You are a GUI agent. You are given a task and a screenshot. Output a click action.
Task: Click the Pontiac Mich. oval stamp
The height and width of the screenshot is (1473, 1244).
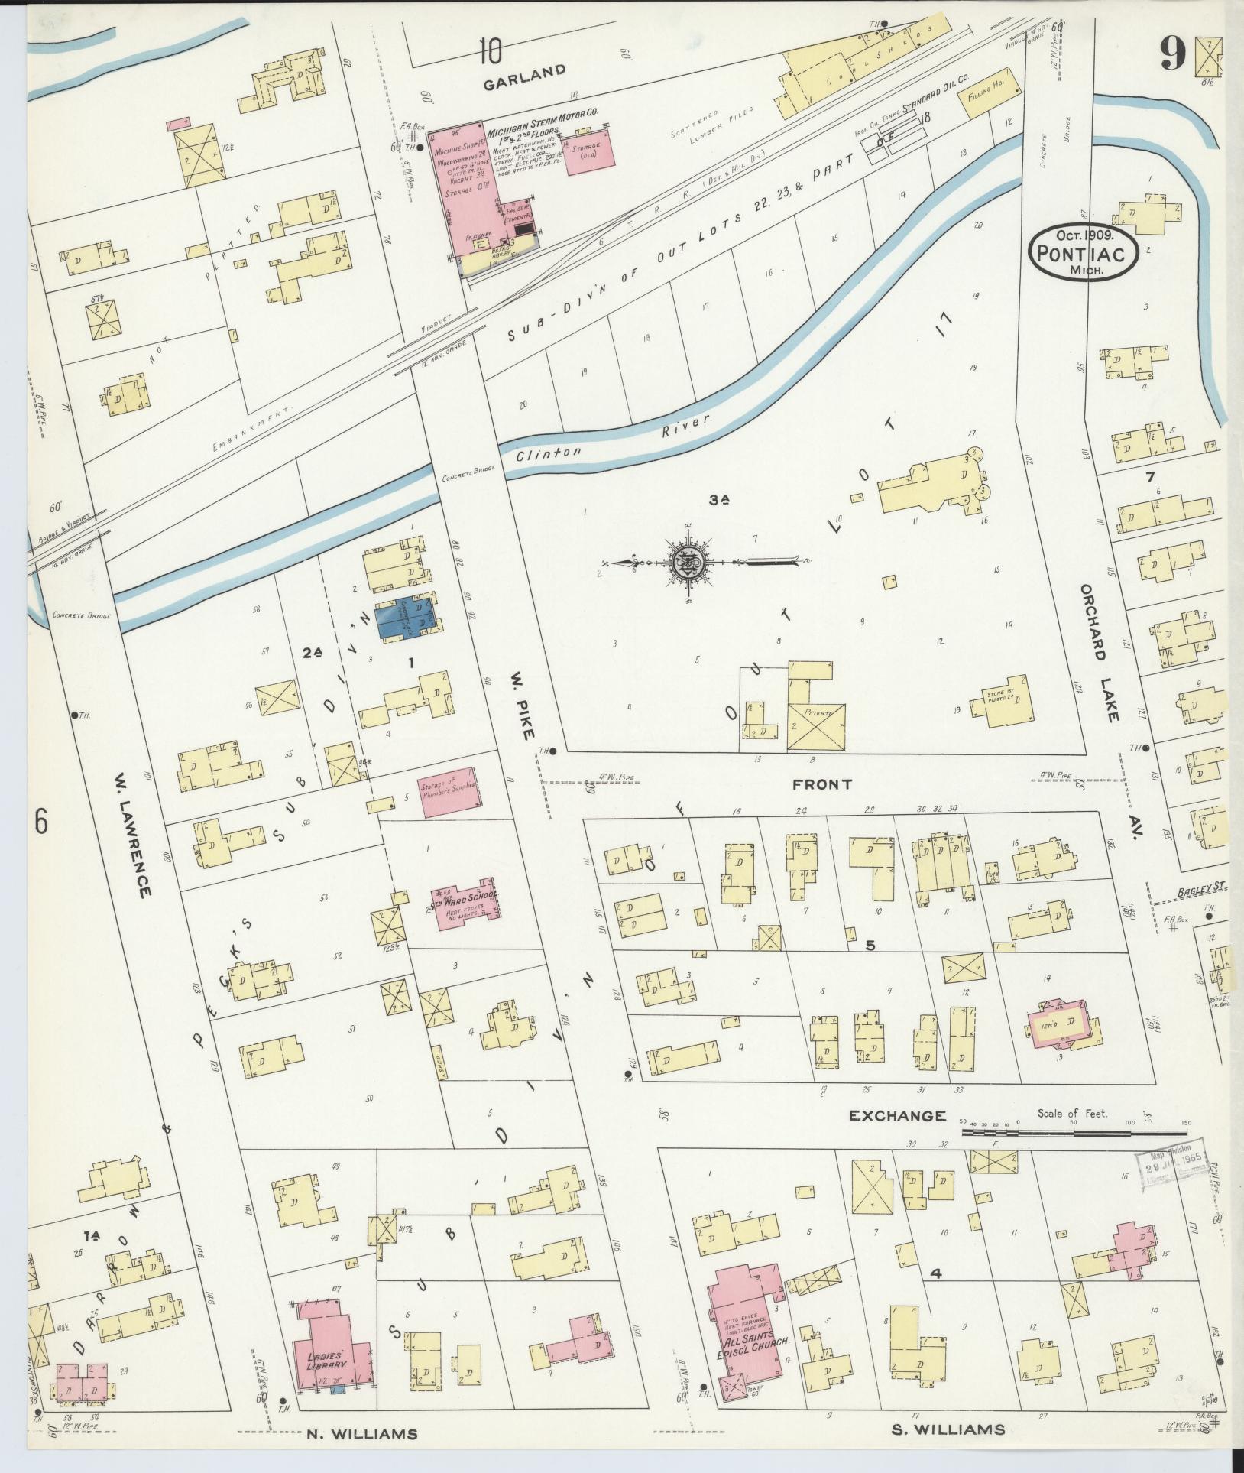(x=1084, y=248)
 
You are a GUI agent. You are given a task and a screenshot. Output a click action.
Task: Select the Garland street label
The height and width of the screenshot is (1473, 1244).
(x=524, y=70)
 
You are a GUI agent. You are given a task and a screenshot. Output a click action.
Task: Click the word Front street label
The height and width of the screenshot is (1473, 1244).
(x=821, y=784)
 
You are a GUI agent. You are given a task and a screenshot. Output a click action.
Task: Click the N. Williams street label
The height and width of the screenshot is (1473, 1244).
(x=362, y=1434)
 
